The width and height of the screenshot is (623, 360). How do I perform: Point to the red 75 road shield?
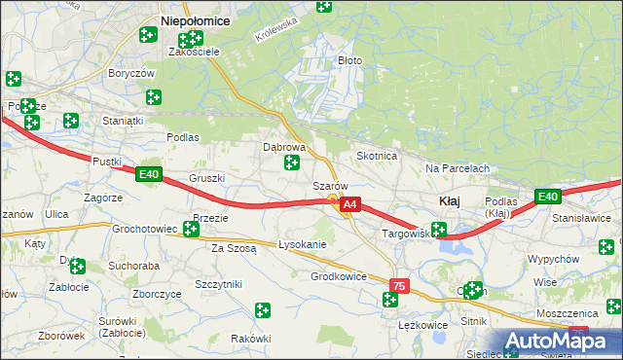(x=398, y=286)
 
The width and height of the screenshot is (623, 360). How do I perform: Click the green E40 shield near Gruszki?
(x=148, y=175)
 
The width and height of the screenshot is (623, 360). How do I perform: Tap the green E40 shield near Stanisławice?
(x=548, y=198)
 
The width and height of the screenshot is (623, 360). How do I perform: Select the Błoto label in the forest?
(x=349, y=60)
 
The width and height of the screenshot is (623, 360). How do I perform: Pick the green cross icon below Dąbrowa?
(x=291, y=163)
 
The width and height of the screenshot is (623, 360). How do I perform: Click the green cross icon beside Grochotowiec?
(x=191, y=231)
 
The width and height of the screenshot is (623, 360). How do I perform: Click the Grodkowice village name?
(x=339, y=276)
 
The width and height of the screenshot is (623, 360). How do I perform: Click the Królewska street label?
(x=274, y=38)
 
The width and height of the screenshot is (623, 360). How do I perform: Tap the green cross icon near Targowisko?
(x=439, y=231)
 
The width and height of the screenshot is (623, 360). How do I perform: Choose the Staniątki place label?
(x=124, y=121)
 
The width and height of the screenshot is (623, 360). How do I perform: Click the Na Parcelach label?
(x=457, y=168)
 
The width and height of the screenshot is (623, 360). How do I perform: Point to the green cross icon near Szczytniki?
(x=262, y=310)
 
